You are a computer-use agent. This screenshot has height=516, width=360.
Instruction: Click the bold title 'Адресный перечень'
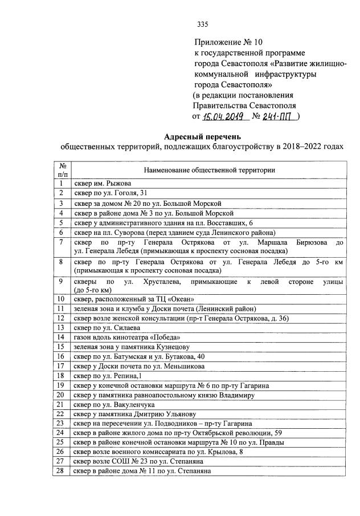point(202,137)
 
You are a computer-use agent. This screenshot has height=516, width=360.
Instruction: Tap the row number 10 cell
point(60,299)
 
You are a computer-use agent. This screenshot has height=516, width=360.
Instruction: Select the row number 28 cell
point(60,472)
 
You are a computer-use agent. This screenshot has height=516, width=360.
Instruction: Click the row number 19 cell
point(60,385)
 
